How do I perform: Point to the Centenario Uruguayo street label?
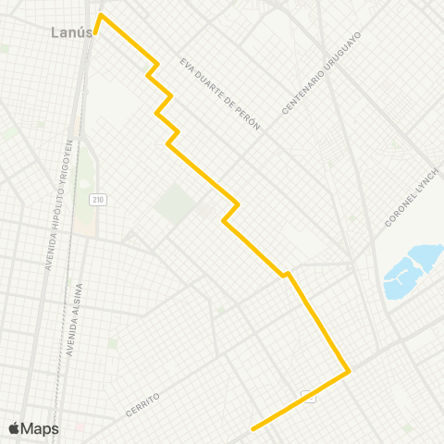pyautogui.click(x=320, y=73)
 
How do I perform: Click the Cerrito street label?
pyautogui.click(x=141, y=402)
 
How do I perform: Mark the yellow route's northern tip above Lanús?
pyautogui.click(x=101, y=15)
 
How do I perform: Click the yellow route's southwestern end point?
pyautogui.click(x=253, y=428)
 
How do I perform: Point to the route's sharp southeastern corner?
pyautogui.click(x=349, y=372)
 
